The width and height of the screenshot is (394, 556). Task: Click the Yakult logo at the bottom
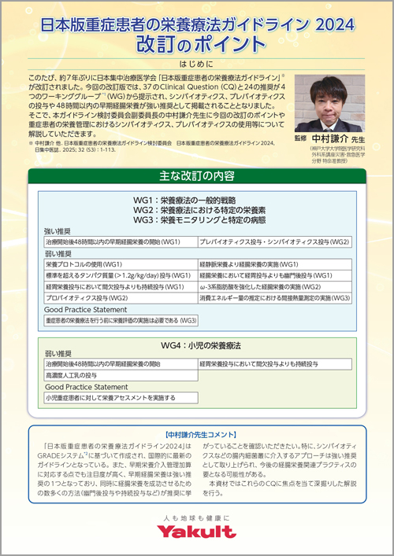(196, 532)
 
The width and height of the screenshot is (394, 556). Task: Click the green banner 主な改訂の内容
(196, 175)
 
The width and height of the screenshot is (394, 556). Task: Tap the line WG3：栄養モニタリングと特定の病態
(196, 222)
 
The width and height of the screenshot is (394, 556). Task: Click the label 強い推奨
(60, 232)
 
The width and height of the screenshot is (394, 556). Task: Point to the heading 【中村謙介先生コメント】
(196, 434)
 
